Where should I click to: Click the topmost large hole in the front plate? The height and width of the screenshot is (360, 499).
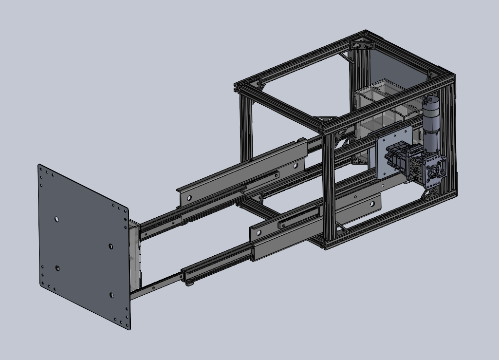[x=57, y=219]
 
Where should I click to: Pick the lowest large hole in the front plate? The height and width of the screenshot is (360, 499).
[x=111, y=295]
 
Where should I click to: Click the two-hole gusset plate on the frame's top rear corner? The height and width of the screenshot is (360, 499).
[x=362, y=45]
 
